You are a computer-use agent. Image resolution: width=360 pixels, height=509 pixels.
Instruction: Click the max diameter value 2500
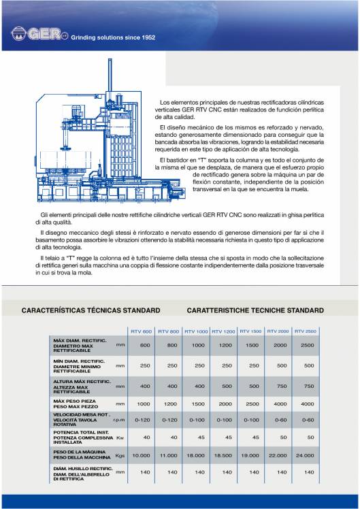pyautogui.click(x=308, y=346)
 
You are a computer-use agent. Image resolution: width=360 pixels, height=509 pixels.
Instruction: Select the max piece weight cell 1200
pyautogui.click(x=171, y=404)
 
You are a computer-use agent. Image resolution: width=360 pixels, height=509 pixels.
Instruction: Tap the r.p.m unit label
pyautogui.click(x=120, y=420)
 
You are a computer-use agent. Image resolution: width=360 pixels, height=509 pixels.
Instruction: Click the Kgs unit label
pyautogui.click(x=120, y=455)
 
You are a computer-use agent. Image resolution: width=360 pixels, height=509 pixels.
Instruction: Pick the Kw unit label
pyautogui.click(x=120, y=437)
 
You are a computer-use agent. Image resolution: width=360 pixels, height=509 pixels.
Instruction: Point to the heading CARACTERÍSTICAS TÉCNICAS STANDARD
pyautogui.click(x=91, y=310)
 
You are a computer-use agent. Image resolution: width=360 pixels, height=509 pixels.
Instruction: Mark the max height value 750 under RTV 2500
pyautogui.click(x=308, y=386)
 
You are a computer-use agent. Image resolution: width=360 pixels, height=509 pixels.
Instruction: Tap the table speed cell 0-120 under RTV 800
pyautogui.click(x=171, y=420)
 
